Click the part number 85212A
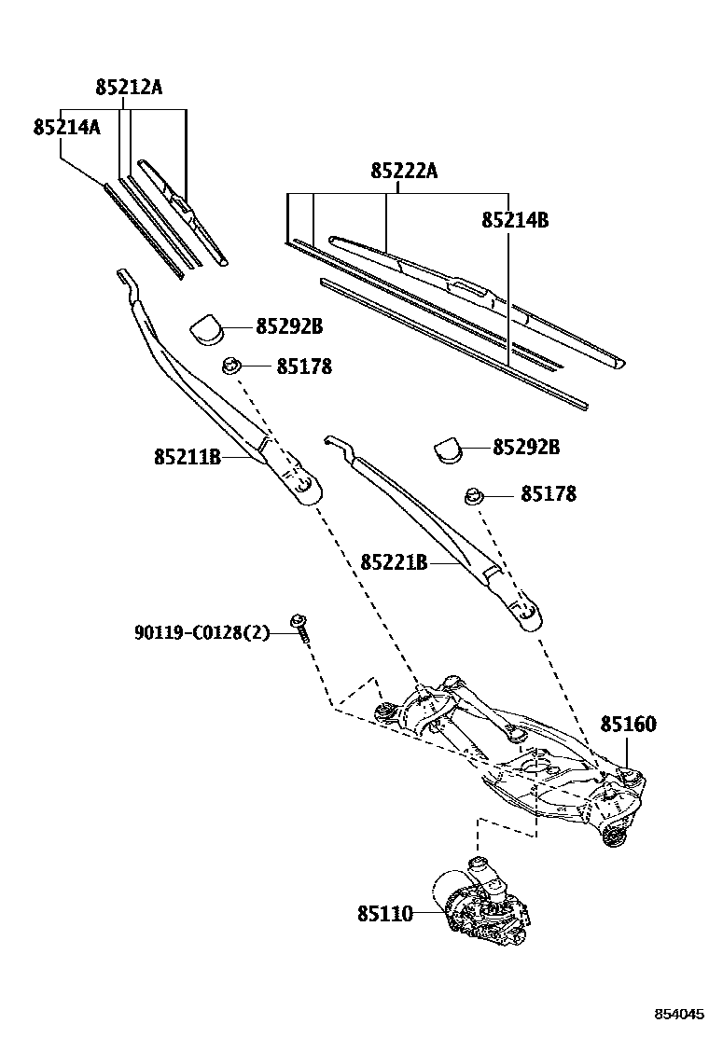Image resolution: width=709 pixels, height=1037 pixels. [x=129, y=88]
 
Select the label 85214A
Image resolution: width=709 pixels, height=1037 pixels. [x=66, y=128]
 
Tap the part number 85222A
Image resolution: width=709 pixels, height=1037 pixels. [x=404, y=171]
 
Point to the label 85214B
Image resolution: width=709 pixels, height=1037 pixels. [x=514, y=220]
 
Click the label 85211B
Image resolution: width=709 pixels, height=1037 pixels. [x=188, y=457]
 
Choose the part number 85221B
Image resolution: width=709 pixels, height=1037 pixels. [x=394, y=562]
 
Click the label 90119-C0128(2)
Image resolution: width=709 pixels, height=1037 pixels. [x=201, y=634]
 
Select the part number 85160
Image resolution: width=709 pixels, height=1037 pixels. [x=628, y=725]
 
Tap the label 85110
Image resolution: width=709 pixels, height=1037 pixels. [x=384, y=915]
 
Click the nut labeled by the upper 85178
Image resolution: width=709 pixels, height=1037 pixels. [x=232, y=365]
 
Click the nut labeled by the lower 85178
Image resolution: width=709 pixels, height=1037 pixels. [x=474, y=494]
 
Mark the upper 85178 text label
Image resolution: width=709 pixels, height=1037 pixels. [x=304, y=366]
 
